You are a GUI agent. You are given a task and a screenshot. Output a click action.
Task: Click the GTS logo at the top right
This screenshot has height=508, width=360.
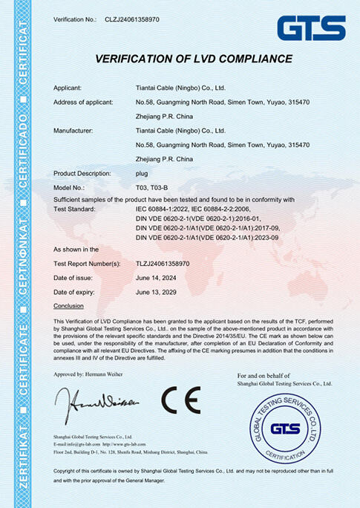pos(311,28)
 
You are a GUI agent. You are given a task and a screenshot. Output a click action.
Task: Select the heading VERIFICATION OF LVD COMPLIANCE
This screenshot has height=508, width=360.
pos(193,59)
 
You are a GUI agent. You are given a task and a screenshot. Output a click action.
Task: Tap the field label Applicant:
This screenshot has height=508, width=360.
pos(72,88)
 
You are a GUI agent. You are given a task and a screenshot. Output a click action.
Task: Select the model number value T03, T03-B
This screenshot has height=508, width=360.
pos(153,187)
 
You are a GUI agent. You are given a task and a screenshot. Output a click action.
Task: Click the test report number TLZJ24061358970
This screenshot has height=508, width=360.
pos(163,263)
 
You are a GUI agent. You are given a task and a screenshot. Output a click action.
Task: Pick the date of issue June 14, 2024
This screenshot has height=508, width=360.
pos(159,277)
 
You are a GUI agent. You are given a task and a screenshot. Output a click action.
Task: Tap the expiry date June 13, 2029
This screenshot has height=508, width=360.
pos(159,291)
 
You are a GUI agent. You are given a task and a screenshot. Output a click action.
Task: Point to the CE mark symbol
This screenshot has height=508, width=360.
pos(181,400)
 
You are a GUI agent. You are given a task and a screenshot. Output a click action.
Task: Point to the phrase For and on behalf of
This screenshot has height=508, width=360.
pos(258,376)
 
